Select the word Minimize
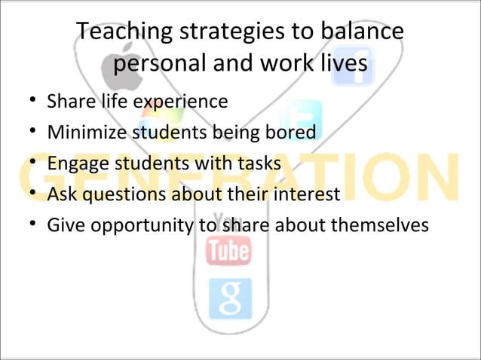click(x=82, y=133)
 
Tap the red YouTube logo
click(x=228, y=250)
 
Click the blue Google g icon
click(x=230, y=297)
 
